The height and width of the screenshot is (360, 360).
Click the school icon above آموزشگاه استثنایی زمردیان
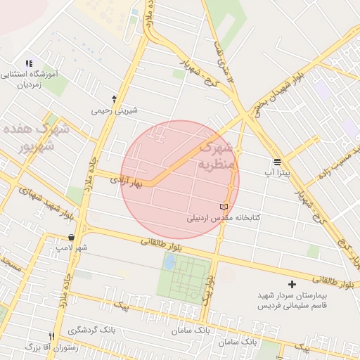[29, 64]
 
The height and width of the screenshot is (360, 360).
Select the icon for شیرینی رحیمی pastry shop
[115, 99]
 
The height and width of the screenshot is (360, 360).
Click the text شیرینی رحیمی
[115, 110]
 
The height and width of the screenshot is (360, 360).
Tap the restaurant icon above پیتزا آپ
[278, 161]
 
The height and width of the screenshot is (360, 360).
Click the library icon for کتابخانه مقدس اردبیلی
[224, 207]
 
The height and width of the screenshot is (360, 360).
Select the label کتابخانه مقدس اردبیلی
[223, 217]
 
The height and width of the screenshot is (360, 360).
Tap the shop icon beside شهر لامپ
[72, 238]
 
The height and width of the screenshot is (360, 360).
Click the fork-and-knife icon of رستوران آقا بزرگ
[51, 336]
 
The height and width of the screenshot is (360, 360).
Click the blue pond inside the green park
[169, 262]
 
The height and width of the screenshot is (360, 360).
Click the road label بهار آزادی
[126, 181]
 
